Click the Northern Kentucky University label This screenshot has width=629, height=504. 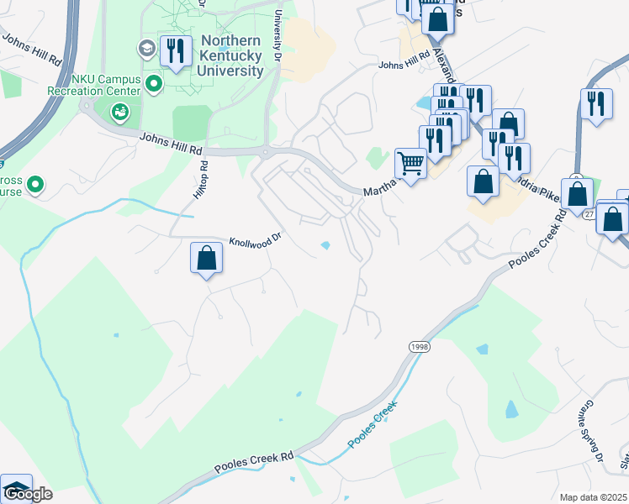coord(231,56)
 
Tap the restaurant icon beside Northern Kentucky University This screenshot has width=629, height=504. coord(175,51)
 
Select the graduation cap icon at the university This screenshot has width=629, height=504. coord(148,48)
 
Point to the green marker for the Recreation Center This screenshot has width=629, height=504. coord(154,83)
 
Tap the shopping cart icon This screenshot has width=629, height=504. coord(410,163)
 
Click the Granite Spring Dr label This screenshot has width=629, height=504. coord(590,437)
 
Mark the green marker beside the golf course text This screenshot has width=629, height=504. coord(35,183)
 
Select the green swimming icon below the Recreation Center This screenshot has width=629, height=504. coord(120,111)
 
